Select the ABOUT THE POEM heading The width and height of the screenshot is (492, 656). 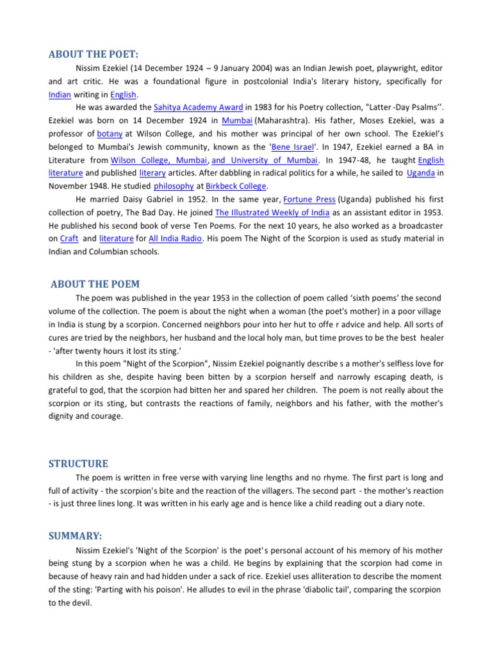[95, 284]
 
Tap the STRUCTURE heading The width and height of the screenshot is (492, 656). [79, 463]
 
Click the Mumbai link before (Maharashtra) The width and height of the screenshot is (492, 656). [236, 120]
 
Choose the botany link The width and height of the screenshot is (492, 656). [110, 134]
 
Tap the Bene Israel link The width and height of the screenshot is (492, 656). [293, 147]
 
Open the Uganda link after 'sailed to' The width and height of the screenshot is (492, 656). [421, 173]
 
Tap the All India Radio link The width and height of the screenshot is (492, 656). [174, 239]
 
